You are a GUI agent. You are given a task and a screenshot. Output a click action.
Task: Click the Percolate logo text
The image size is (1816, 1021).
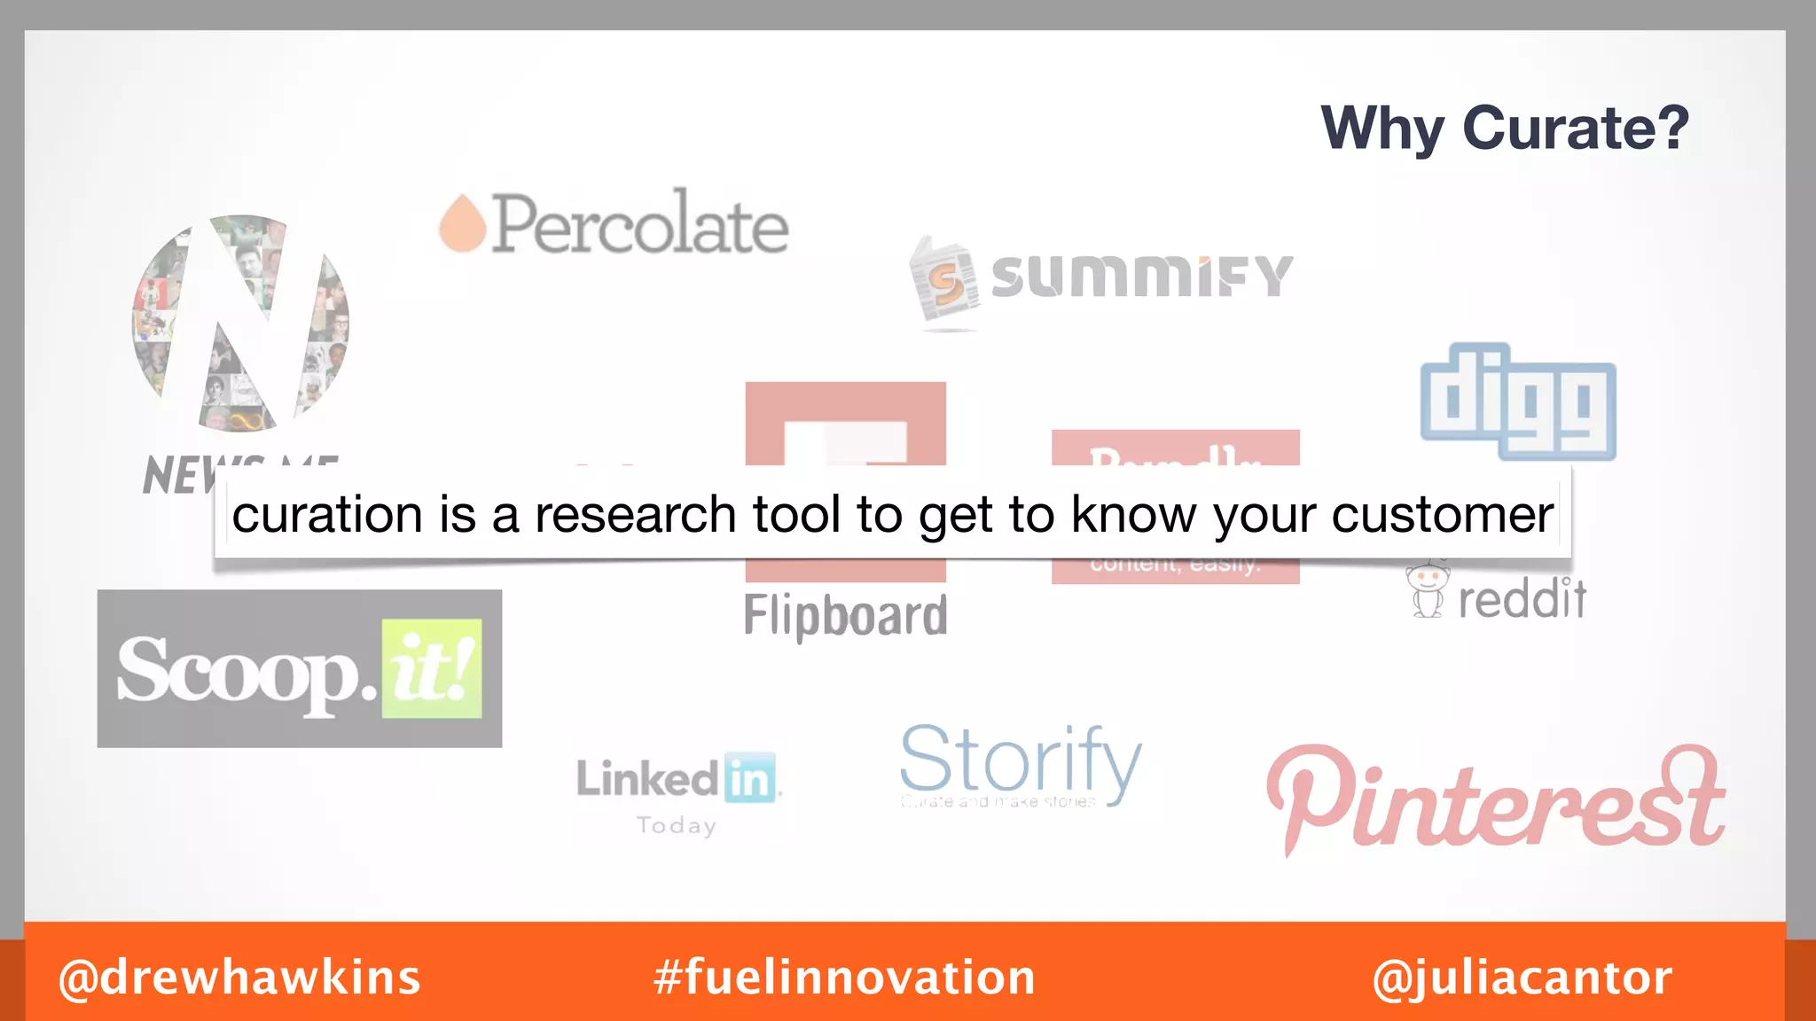click(x=638, y=224)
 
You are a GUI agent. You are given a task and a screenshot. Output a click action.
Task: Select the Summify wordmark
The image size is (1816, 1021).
click(x=1141, y=276)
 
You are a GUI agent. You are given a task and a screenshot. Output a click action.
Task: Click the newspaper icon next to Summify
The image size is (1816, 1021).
click(x=945, y=281)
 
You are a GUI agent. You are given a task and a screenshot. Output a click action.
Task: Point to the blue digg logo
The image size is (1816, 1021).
click(x=1517, y=402)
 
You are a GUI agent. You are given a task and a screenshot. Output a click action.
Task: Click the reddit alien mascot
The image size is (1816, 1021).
click(x=1428, y=590)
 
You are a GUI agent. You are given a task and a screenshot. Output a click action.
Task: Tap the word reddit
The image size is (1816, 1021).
click(x=1522, y=599)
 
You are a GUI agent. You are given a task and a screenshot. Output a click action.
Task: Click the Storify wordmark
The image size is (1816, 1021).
click(x=1020, y=760)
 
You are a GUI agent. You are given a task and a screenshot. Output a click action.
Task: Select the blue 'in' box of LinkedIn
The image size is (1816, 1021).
click(x=749, y=778)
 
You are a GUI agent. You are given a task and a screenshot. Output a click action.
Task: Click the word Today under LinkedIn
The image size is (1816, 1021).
click(x=677, y=826)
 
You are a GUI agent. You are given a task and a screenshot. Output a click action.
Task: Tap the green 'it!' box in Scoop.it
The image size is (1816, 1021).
click(x=432, y=669)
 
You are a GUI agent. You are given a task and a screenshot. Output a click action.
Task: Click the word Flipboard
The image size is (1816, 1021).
click(x=845, y=615)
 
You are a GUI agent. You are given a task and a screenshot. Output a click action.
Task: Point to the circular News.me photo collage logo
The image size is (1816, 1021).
click(x=240, y=323)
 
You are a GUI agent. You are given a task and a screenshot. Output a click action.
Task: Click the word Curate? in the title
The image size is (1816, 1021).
click(x=1575, y=129)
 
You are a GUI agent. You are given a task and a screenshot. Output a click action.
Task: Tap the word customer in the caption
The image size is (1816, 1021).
click(x=1442, y=515)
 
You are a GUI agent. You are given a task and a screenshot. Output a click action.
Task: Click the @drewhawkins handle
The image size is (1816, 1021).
click(x=239, y=978)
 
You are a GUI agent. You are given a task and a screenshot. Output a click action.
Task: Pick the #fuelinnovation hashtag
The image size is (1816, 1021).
click(x=844, y=978)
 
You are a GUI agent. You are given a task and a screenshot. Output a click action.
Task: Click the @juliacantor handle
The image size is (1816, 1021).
click(x=1522, y=978)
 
